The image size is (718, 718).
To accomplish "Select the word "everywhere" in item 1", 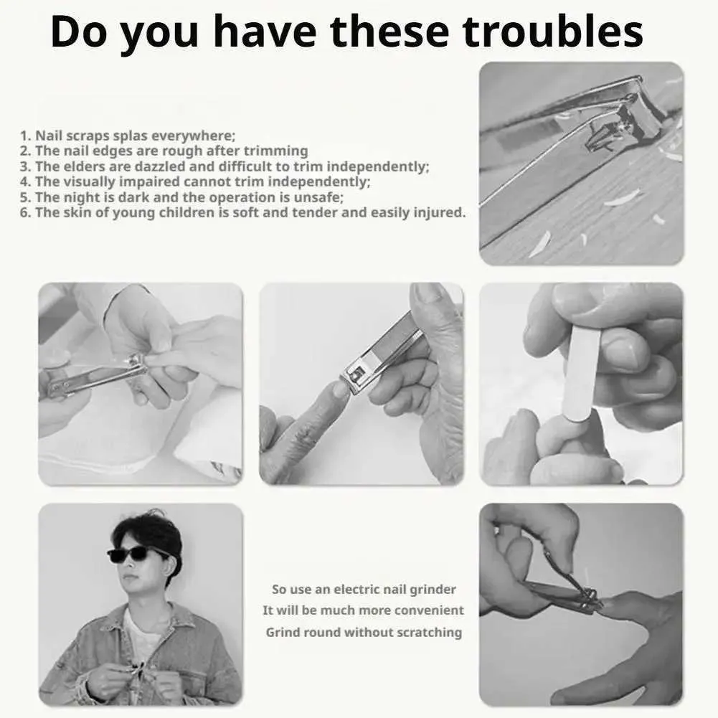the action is [x=192, y=136].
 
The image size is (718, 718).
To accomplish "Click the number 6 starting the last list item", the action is [x=24, y=212].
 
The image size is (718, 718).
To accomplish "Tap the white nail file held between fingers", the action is [x=582, y=374].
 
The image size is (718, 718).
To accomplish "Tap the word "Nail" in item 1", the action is [x=49, y=136].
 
